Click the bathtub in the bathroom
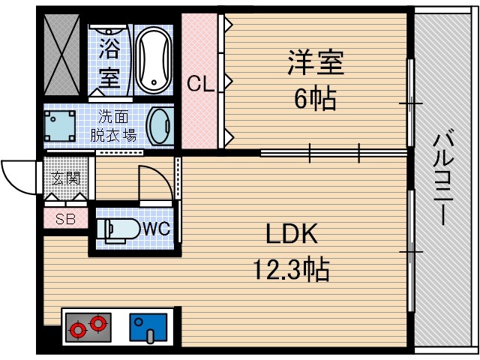point(155,59)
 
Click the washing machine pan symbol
point(58,125)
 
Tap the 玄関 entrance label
point(66,178)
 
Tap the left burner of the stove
point(76,328)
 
